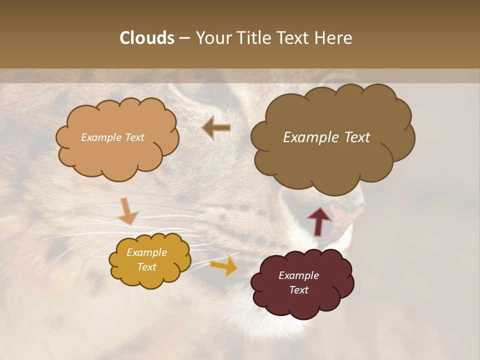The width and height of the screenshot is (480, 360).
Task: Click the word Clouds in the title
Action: (146, 38)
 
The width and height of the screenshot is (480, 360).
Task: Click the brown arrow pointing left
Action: (216, 128)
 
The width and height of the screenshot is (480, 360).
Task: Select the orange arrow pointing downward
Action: (127, 210)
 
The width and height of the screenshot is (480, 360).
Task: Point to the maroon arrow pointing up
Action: (319, 220)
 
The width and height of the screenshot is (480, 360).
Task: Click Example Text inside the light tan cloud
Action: (112, 137)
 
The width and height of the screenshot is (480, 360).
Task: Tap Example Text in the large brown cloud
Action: (326, 137)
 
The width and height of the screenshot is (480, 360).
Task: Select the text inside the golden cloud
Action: (146, 259)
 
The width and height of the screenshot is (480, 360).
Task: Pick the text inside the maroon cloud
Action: (298, 282)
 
